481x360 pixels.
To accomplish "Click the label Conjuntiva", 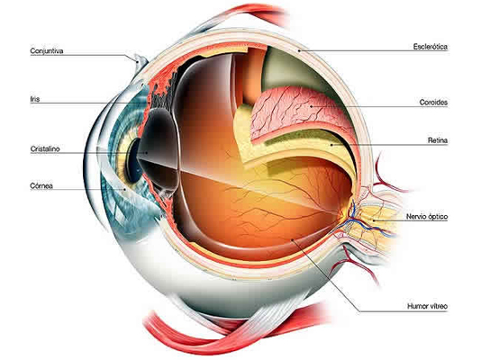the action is [47, 51].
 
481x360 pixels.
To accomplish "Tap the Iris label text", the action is [35, 99].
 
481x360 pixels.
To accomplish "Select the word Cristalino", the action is [45, 148].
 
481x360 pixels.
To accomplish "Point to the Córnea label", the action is [41, 185].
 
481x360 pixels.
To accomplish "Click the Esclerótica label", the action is [430, 47].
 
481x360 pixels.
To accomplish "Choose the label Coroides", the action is [433, 103].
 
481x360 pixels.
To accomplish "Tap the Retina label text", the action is [438, 140].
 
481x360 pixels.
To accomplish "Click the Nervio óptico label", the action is [427, 217].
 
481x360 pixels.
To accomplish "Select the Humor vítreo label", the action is [427, 306].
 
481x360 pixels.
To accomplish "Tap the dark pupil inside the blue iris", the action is [133, 160].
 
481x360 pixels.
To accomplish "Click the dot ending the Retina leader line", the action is [331, 144].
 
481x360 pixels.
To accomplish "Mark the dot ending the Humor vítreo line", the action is [292, 239].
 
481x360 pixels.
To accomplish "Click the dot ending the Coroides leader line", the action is [311, 106].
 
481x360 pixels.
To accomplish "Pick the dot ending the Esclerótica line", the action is [299, 50].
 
